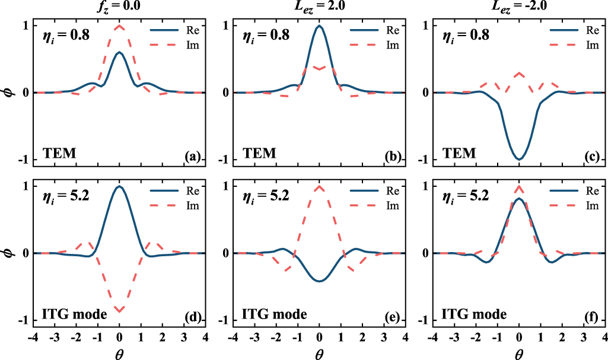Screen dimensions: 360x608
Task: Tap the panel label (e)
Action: (393, 317)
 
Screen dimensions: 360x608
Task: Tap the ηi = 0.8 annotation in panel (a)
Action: (66, 34)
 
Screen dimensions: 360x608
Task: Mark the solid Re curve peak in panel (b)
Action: (320, 26)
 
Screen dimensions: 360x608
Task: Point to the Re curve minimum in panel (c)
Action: (519, 160)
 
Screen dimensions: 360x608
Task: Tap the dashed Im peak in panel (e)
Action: (320, 186)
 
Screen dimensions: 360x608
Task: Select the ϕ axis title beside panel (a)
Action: (8, 93)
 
